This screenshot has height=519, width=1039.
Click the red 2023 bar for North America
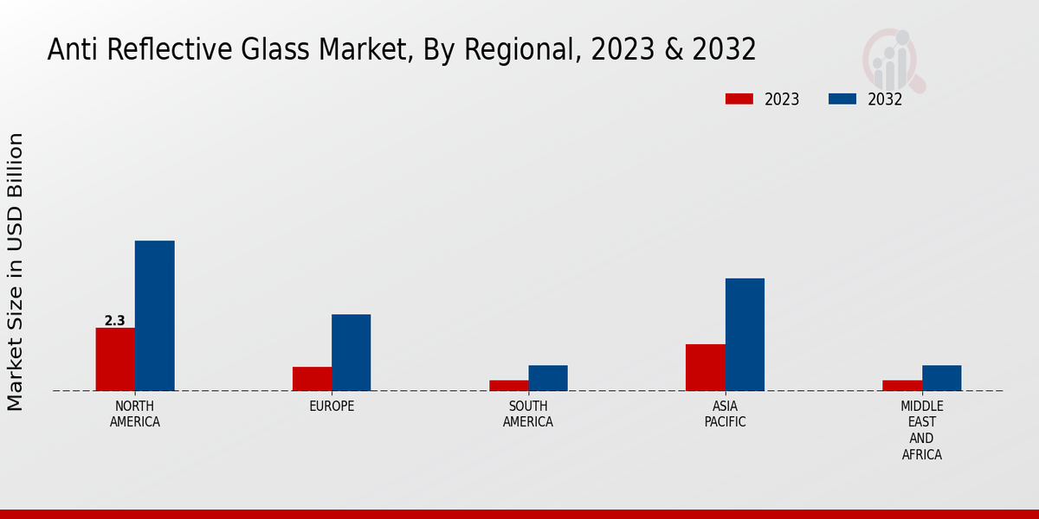(115, 359)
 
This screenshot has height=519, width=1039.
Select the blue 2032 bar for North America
(154, 316)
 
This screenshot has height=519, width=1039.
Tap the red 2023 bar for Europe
(312, 379)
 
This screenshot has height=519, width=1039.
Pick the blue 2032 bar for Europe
(351, 352)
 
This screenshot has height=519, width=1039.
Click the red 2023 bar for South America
(508, 385)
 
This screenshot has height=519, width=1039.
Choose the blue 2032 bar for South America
(548, 378)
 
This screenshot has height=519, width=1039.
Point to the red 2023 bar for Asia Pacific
(705, 368)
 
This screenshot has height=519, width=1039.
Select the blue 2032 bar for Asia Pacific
(745, 334)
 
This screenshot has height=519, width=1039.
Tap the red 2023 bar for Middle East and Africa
(902, 385)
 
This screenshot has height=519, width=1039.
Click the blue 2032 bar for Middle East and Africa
(941, 378)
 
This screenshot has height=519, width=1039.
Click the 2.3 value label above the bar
(115, 321)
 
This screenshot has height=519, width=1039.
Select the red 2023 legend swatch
(739, 99)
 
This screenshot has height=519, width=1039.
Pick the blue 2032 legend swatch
(842, 99)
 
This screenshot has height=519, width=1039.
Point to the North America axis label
(134, 414)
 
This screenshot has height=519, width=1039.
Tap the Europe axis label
(332, 407)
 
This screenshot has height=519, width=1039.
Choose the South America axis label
(528, 414)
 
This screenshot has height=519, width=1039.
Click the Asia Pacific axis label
(725, 414)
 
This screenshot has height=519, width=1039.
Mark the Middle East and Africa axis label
(922, 430)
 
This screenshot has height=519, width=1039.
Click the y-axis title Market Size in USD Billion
(16, 272)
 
